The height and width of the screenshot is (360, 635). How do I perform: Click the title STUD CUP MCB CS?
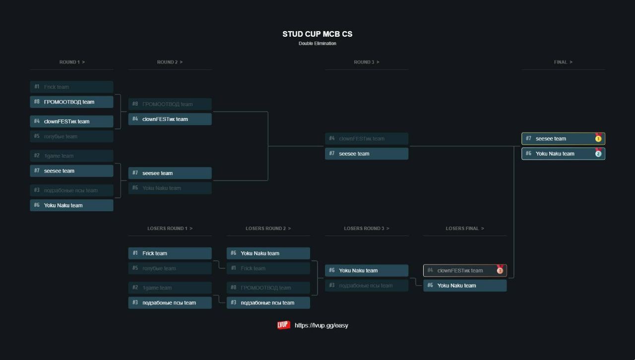[x=317, y=34]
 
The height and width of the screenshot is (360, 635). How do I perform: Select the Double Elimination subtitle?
[x=317, y=44]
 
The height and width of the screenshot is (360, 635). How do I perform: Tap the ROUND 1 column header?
[x=72, y=62]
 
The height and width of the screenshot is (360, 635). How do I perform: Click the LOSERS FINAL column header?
[x=465, y=229]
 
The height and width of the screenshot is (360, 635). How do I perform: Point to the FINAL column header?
[x=563, y=62]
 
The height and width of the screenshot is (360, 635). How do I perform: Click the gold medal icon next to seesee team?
[x=598, y=138]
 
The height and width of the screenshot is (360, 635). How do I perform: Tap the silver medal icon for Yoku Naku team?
[x=598, y=153]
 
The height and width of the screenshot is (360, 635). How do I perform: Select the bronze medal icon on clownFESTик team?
[x=500, y=270]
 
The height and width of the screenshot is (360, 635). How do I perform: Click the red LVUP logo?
[x=284, y=325]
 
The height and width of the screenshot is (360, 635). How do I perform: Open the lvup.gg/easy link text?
[x=321, y=326]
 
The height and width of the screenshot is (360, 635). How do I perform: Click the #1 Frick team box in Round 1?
[x=71, y=87]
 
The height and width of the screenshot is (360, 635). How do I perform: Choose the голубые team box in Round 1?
[x=71, y=136]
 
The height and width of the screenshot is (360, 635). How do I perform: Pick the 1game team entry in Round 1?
[x=71, y=156]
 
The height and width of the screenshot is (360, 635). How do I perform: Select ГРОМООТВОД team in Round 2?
[x=170, y=104]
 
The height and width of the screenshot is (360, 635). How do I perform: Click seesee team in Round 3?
[x=367, y=154]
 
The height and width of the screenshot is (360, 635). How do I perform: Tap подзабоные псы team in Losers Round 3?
[x=367, y=286]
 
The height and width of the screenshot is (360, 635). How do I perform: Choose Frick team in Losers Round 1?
[x=170, y=253]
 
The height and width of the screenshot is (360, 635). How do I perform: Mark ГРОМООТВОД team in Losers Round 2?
[x=268, y=288]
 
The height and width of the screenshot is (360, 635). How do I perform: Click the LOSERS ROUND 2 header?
[x=268, y=229]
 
